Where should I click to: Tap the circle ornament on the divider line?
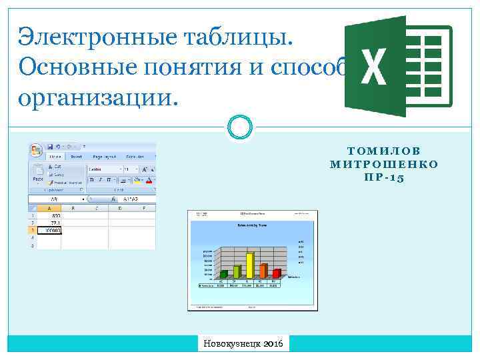click(x=240, y=127)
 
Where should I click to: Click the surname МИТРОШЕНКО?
click(x=385, y=165)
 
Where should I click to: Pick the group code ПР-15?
click(x=385, y=178)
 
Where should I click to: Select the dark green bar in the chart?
click(x=224, y=273)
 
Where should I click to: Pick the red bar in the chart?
click(x=277, y=273)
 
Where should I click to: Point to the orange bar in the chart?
click(x=263, y=271)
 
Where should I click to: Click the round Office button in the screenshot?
click(x=36, y=150)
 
